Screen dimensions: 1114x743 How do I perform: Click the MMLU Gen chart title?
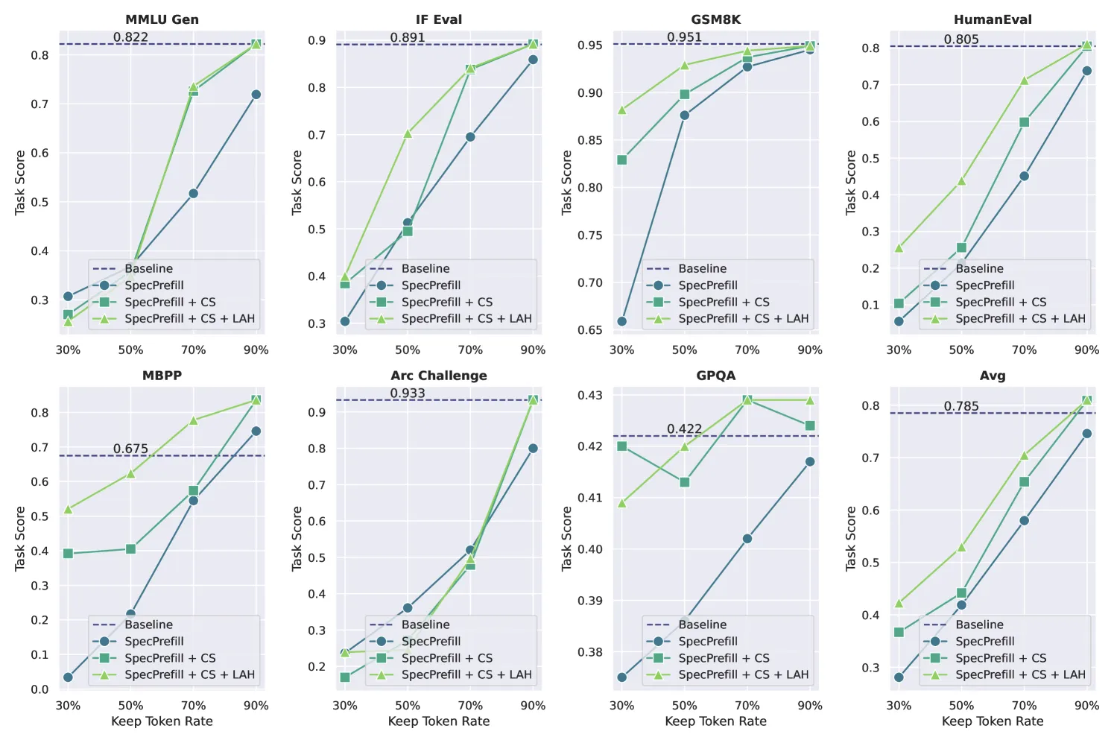[162, 19]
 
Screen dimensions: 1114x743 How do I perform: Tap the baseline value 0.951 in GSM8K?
[684, 37]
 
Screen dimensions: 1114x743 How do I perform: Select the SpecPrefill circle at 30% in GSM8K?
[621, 321]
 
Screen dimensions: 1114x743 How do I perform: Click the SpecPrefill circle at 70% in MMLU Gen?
[194, 193]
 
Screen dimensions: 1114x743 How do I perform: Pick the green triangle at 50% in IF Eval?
[408, 133]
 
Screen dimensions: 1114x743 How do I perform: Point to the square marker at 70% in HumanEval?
[1024, 121]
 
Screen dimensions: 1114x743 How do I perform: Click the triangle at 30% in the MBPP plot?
[68, 509]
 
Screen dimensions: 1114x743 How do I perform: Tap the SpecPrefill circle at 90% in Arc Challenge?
[533, 448]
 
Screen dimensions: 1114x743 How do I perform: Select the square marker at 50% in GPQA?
[684, 482]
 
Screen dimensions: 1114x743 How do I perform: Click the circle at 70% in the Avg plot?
[1024, 520]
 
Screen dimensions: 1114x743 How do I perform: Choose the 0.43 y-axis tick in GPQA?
[590, 396]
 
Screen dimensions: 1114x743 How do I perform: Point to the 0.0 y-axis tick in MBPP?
[39, 689]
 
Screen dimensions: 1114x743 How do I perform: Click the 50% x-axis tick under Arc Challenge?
[408, 705]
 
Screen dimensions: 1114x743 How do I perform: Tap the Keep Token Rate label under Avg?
[993, 721]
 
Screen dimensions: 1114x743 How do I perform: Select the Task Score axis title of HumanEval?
[851, 183]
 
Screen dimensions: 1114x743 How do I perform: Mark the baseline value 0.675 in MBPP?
[130, 449]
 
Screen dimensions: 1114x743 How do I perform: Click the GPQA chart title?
[715, 376]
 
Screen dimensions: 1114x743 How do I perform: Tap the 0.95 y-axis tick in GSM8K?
[590, 45]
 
